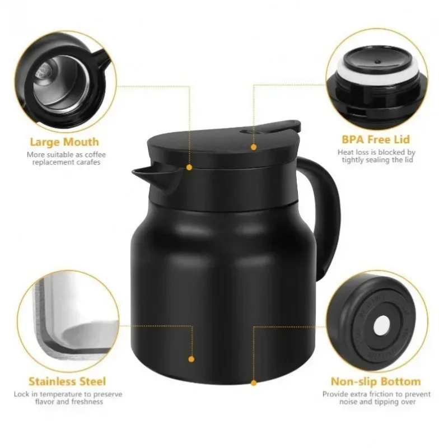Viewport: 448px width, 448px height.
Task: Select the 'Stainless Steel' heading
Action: click(x=67, y=382)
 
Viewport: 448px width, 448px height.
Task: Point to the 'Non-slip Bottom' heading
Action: click(x=376, y=382)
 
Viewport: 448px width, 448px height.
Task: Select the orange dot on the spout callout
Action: click(x=189, y=167)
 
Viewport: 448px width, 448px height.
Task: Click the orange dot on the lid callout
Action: click(x=254, y=147)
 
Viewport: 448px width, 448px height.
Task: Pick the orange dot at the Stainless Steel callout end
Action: click(x=191, y=358)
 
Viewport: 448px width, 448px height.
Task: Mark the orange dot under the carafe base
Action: click(x=254, y=383)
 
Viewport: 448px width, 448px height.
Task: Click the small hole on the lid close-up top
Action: click(x=376, y=48)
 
